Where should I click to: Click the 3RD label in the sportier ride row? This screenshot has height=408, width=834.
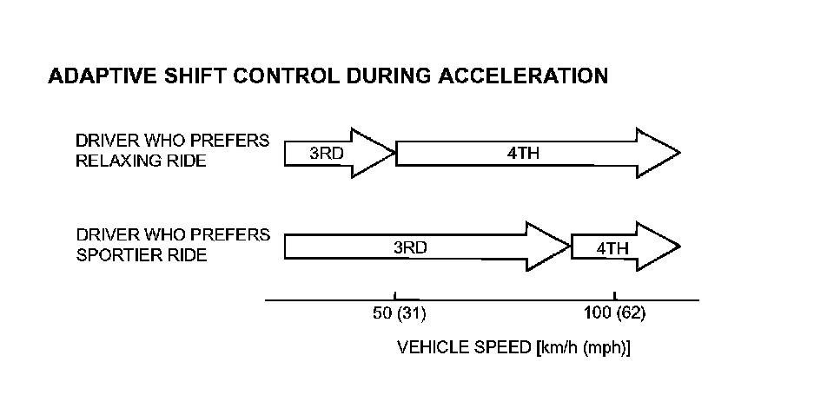pyautogui.click(x=410, y=247)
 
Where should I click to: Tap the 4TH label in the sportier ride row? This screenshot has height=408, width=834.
pyautogui.click(x=612, y=247)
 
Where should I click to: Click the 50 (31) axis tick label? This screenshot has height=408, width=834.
pyautogui.click(x=400, y=313)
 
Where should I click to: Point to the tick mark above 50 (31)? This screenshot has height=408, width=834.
pyautogui.click(x=395, y=296)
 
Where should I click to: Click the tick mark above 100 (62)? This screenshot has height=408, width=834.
pyautogui.click(x=614, y=296)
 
